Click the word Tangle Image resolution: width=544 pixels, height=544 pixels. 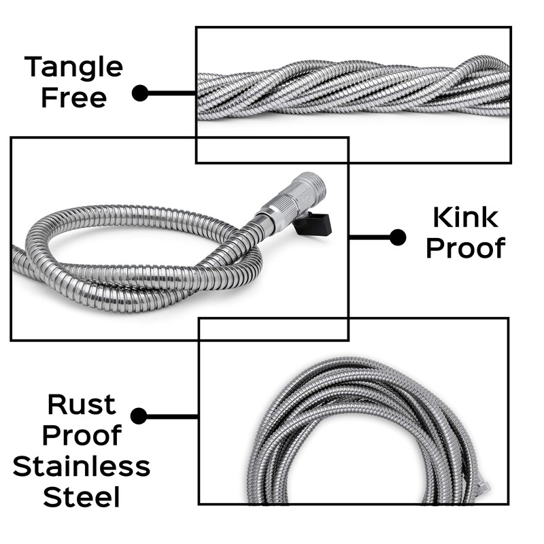(x=73, y=67)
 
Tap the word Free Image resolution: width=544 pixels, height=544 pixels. (x=73, y=97)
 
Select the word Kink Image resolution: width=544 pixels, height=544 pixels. (x=466, y=218)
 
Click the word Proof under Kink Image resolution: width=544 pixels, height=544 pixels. (x=466, y=248)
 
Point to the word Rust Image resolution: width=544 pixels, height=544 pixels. (x=82, y=405)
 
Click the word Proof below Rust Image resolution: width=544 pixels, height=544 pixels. (x=82, y=435)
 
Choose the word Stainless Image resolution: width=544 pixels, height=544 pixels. (x=82, y=467)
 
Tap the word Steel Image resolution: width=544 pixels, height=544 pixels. (x=82, y=498)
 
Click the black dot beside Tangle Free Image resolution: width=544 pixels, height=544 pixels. (x=140, y=93)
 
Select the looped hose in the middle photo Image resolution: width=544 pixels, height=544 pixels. (x=136, y=265)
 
